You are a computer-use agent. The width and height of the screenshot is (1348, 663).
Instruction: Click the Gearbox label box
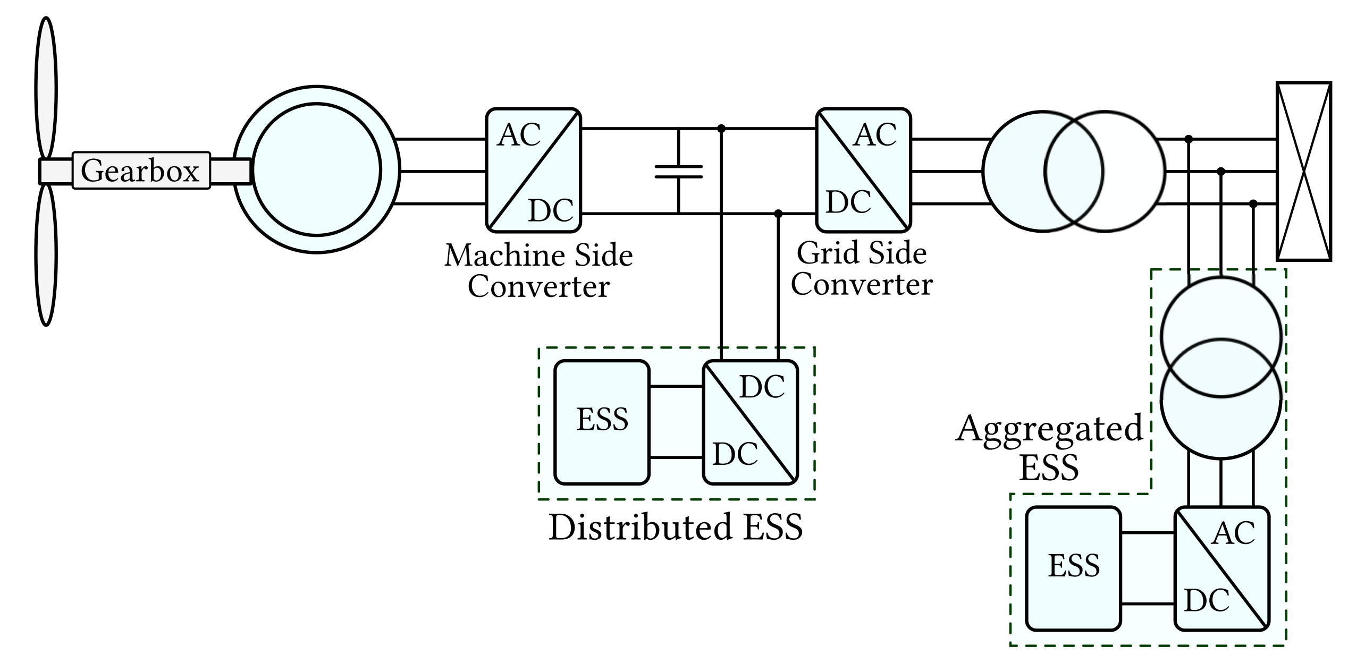click(141, 171)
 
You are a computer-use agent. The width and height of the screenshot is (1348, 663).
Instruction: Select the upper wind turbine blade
click(46, 88)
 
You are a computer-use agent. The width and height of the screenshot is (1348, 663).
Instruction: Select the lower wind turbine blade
click(46, 255)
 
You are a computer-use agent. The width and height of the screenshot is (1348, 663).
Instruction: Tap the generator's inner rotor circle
click(317, 170)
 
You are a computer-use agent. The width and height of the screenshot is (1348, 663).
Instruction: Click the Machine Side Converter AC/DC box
click(533, 170)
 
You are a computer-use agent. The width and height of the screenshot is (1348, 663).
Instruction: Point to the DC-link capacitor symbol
click(679, 171)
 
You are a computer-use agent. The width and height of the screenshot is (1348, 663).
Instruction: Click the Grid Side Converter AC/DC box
click(863, 170)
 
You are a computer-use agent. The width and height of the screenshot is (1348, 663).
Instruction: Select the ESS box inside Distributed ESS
click(602, 422)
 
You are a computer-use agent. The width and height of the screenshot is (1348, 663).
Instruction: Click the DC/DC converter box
click(751, 422)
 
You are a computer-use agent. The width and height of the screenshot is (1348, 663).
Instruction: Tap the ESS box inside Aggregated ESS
click(1073, 568)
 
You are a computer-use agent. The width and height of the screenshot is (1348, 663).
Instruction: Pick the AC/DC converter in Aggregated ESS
click(1221, 568)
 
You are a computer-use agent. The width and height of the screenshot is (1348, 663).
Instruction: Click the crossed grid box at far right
click(1303, 171)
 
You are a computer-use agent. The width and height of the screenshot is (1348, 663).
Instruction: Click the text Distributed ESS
click(675, 528)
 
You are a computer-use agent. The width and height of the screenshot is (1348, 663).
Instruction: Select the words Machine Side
click(538, 256)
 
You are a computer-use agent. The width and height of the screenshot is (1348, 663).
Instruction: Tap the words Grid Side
click(862, 253)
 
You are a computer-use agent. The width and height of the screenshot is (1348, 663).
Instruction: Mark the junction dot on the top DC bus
click(721, 129)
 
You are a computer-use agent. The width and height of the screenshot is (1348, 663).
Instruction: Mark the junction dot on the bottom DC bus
click(778, 214)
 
